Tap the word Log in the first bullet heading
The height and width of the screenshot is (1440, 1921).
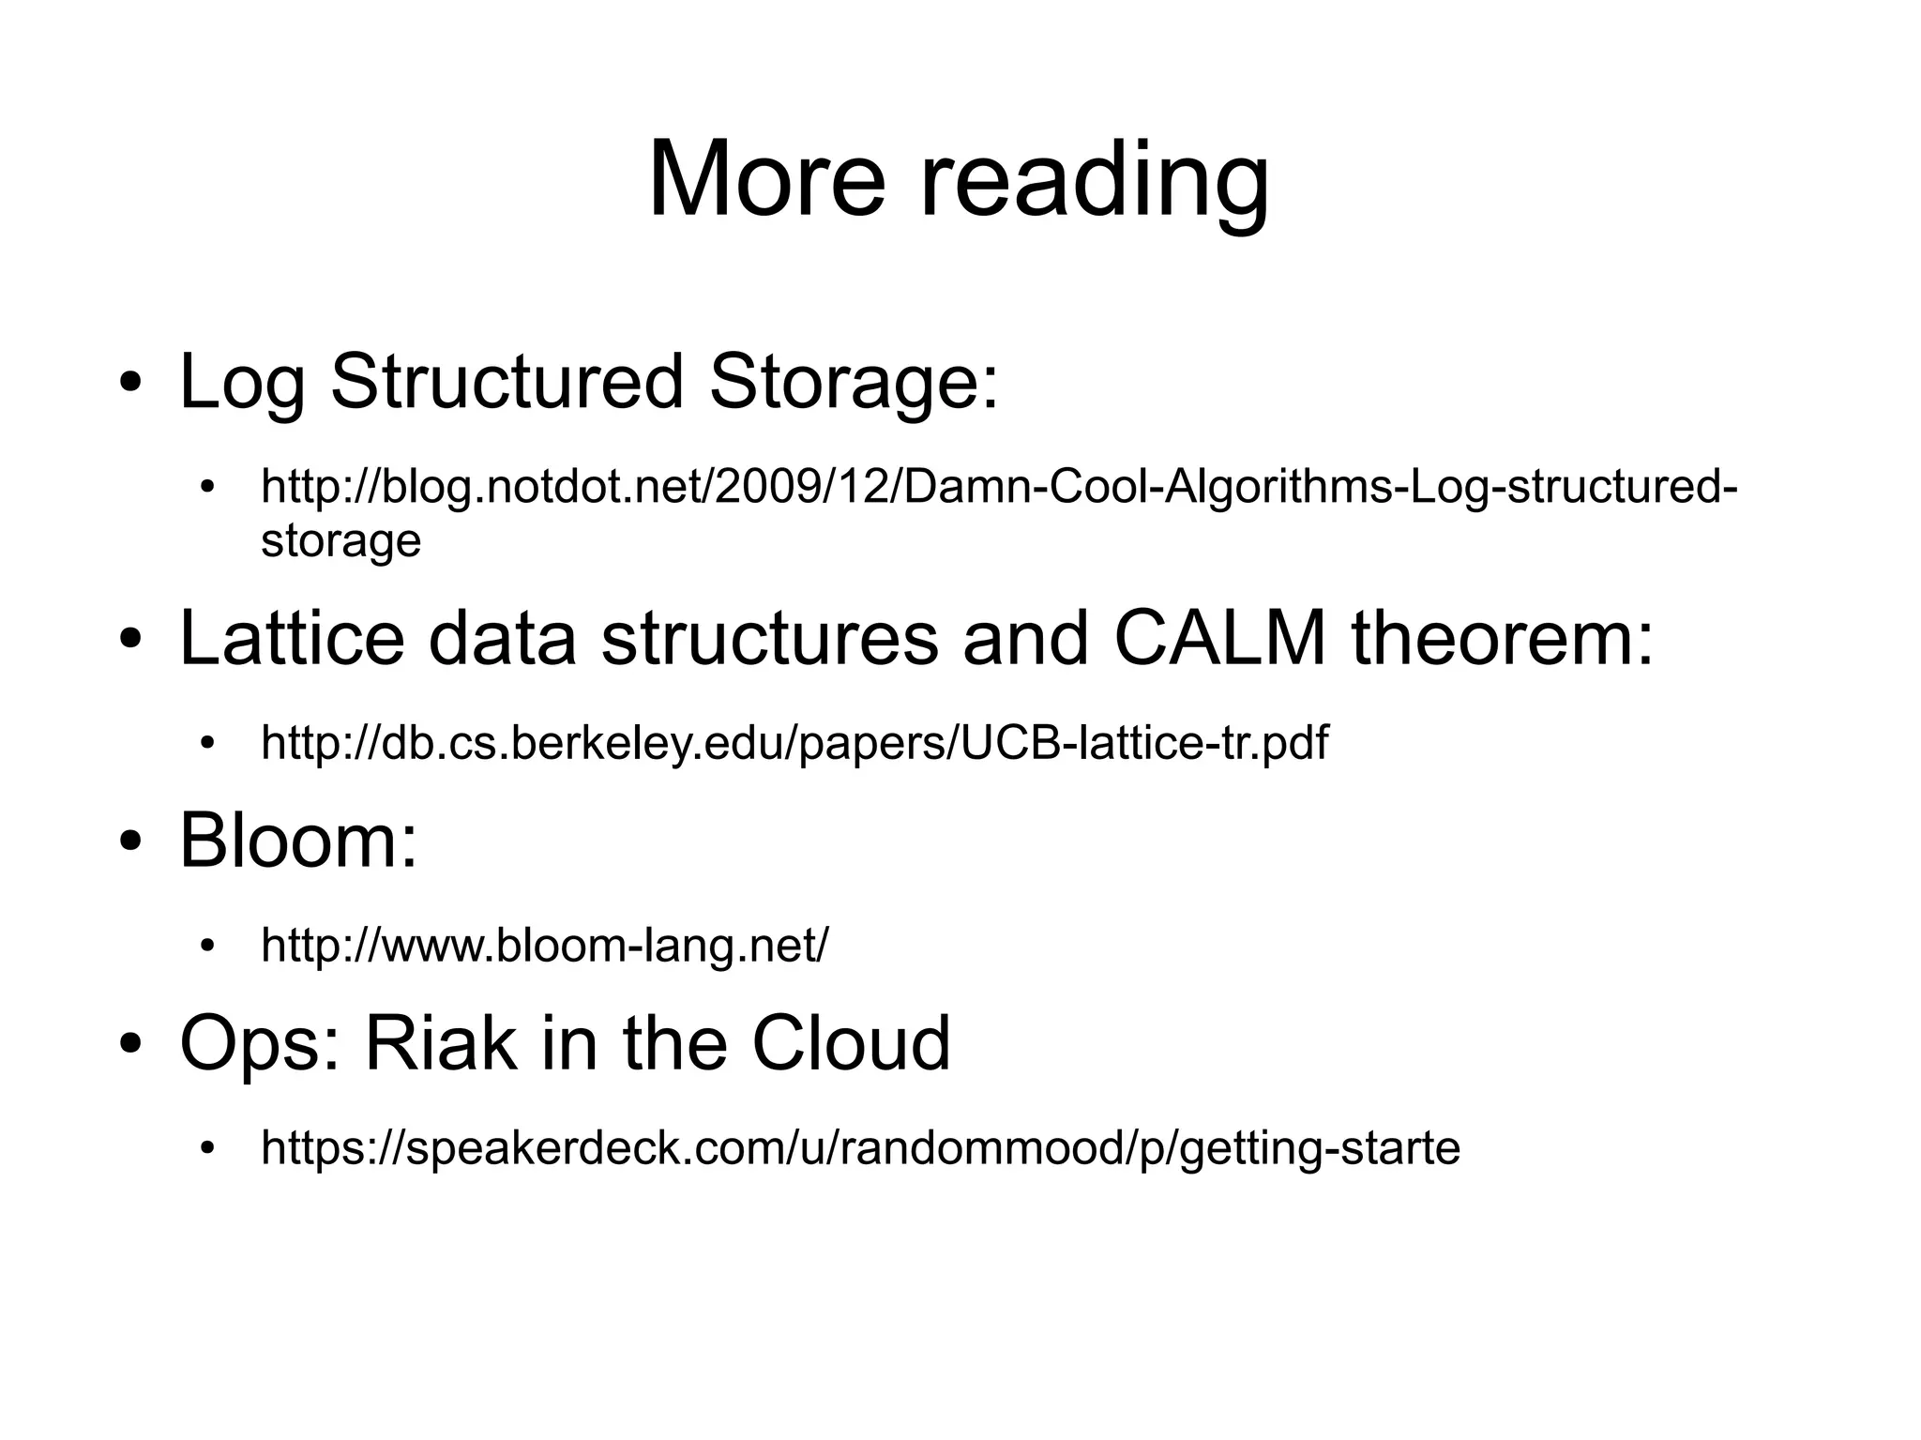(242, 383)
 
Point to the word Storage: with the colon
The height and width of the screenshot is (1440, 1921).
(854, 383)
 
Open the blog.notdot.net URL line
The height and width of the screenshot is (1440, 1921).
(998, 488)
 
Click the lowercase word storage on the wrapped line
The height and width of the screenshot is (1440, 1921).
(340, 541)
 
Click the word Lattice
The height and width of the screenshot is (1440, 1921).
(292, 638)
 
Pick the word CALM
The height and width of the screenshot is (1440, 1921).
(1220, 638)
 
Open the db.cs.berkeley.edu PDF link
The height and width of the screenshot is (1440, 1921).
(794, 743)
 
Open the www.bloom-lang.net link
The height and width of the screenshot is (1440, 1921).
(544, 946)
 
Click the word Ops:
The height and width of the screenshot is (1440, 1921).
(259, 1044)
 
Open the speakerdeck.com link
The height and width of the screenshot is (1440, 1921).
(859, 1148)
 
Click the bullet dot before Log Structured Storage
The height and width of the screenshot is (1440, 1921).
(130, 384)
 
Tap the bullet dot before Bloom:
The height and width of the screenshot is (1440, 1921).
(130, 841)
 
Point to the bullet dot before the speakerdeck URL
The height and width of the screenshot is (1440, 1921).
(208, 1149)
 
